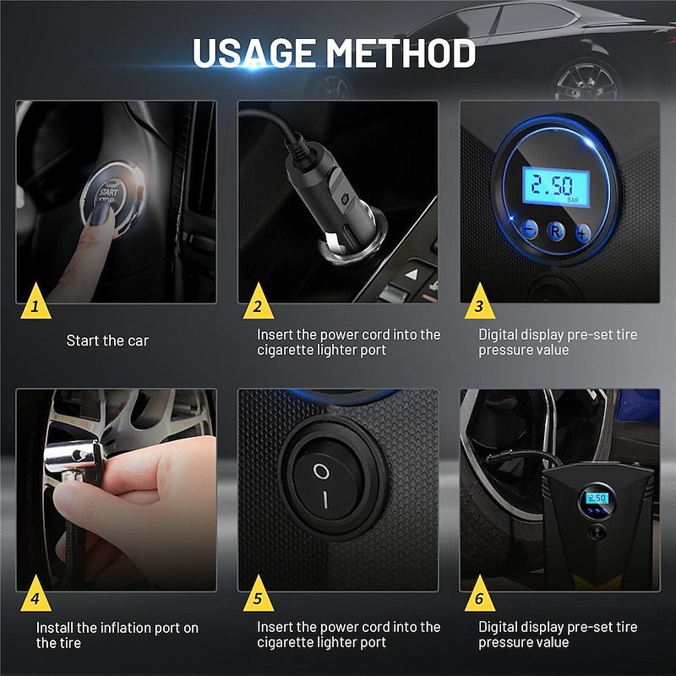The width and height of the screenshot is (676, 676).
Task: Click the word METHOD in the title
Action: coord(402,53)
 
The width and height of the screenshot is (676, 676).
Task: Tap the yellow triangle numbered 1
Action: coord(35,305)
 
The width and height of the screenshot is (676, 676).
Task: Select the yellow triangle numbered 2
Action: coord(259,305)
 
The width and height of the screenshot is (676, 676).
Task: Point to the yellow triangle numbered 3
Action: coord(479,305)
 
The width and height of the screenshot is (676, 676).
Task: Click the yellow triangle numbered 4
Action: coord(35,594)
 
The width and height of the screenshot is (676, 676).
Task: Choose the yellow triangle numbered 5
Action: coord(259,594)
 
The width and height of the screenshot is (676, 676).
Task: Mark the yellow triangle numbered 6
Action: coord(479,594)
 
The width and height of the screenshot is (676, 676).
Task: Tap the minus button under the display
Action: coord(528,229)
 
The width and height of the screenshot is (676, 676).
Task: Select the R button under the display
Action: coord(555,231)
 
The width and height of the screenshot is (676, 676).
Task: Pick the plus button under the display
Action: coord(582,229)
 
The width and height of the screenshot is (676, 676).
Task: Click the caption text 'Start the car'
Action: coord(107,341)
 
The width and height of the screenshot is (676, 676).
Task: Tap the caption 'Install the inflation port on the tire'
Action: coord(117,635)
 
